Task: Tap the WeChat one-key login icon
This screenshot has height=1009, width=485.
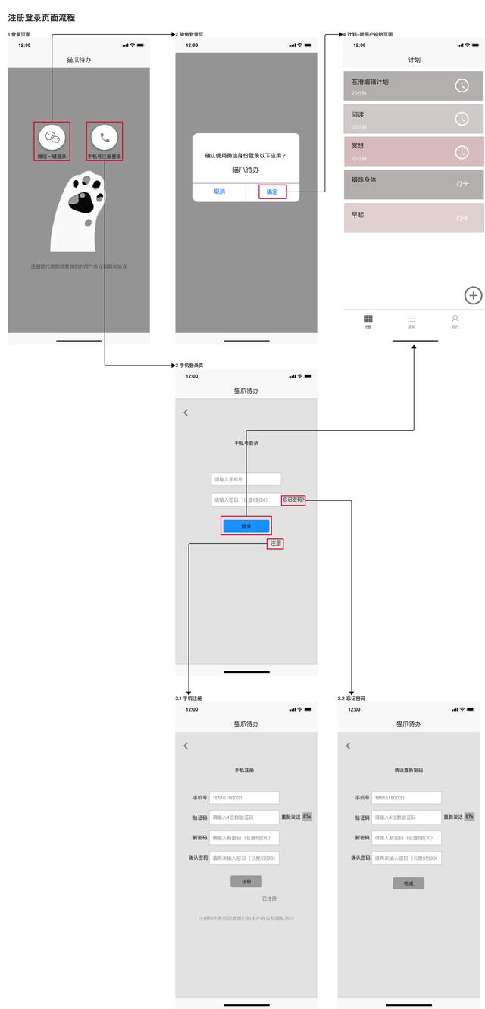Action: [52, 137]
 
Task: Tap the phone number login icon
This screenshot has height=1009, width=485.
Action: [104, 137]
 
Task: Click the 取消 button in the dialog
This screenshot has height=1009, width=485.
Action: [219, 192]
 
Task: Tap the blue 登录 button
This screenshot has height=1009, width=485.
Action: [246, 526]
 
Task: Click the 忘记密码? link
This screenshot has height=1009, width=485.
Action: [293, 500]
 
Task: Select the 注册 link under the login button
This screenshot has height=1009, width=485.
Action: [275, 543]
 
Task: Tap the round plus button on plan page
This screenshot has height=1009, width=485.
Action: [473, 295]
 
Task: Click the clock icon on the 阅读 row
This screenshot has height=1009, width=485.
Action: [462, 119]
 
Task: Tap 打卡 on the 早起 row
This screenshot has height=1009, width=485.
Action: [462, 218]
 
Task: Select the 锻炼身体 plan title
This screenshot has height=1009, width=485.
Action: [364, 180]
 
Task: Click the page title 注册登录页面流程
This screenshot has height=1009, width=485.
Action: [42, 17]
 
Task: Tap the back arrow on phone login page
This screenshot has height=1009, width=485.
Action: [186, 413]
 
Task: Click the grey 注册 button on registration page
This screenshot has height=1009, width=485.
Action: [246, 882]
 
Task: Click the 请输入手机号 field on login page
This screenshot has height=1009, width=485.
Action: [246, 479]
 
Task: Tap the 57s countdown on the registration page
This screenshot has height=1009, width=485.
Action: [307, 817]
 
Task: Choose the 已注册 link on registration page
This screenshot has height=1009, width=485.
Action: [269, 898]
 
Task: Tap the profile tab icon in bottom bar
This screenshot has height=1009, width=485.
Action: [455, 320]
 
